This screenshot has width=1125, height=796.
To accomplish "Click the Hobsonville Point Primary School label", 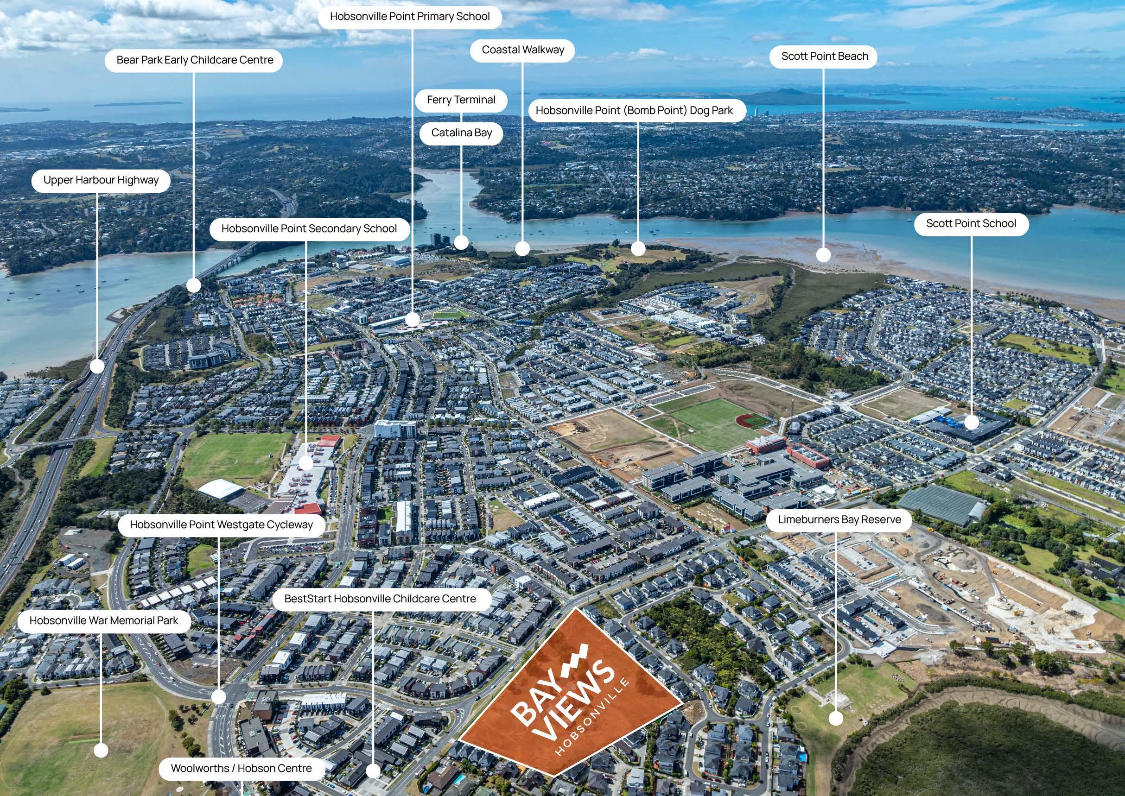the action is coord(409,17).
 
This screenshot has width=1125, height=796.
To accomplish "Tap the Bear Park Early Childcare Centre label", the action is coord(194,60).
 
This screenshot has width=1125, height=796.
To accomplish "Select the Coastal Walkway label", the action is coord(522,50).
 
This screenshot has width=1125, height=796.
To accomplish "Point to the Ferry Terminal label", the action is coord(461,100).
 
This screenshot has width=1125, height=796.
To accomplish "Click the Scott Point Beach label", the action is coord(824,57).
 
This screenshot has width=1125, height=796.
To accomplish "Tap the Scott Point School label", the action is coord(971,224).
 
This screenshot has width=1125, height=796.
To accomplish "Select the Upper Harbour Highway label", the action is coord(101,180).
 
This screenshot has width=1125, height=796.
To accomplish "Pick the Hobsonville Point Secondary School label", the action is coord(309,229).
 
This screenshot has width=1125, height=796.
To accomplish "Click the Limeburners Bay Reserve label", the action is coord(839,519).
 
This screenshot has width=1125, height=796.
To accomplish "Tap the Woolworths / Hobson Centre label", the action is coord(242,768).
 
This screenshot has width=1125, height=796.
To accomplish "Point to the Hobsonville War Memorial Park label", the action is coord(103,621).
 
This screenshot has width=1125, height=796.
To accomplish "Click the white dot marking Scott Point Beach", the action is coord(823,254).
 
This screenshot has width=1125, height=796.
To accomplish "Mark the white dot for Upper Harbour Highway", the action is coord(97,366).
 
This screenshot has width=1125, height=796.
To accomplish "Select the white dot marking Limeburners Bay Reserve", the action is coord(835,719).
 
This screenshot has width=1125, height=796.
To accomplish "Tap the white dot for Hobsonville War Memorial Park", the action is coord(101,751).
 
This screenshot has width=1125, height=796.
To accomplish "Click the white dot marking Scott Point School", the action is coord(971,422).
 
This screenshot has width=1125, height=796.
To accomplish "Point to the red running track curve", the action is coord(746,420).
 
